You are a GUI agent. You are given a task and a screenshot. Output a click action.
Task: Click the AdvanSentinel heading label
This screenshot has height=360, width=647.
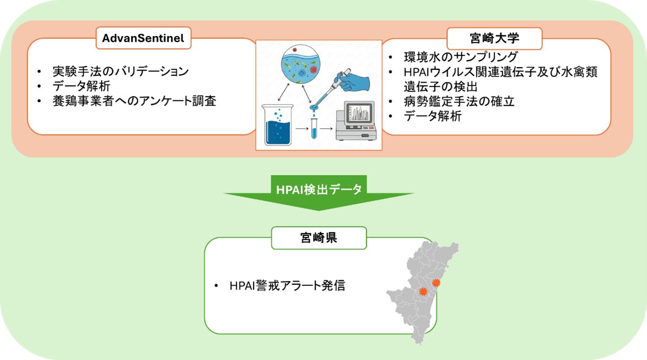[x=143, y=39]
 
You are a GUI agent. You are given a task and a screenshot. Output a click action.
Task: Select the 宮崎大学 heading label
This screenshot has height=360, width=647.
[x=495, y=39]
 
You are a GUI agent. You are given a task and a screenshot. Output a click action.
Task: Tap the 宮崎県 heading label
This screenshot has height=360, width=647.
[x=318, y=237]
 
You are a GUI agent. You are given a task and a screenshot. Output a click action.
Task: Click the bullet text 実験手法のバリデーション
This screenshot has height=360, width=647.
[x=120, y=71]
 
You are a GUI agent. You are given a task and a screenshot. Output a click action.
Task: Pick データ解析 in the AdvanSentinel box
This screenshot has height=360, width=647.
[x=82, y=85]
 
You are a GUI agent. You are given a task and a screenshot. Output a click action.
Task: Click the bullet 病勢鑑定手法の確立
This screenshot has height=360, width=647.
[x=459, y=101]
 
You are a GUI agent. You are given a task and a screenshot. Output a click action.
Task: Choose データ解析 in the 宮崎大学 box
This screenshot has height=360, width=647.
[x=432, y=116]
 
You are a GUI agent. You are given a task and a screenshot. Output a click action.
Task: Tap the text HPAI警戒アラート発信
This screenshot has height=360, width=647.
[x=286, y=285]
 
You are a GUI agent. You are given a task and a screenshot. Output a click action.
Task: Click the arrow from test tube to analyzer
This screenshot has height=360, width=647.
[x=327, y=129]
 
